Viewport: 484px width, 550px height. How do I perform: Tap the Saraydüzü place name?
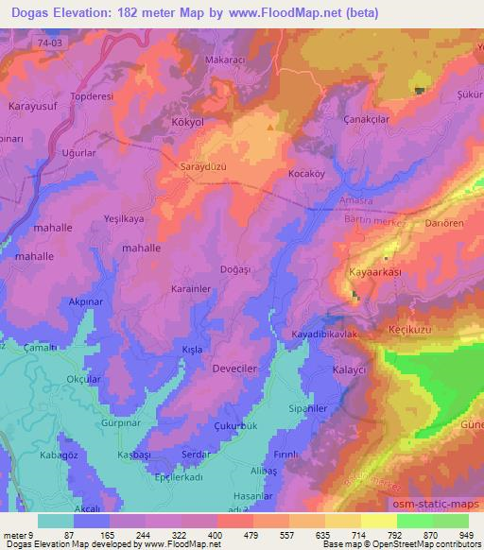[x=203, y=166]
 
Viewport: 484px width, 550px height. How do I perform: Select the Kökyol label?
[x=190, y=124]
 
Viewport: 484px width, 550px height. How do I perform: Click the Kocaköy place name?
[x=306, y=175]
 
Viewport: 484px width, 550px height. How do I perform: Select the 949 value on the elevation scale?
[x=467, y=534]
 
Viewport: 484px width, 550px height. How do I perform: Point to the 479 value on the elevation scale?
[x=252, y=534]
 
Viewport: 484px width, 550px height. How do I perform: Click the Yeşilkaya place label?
[x=123, y=218]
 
